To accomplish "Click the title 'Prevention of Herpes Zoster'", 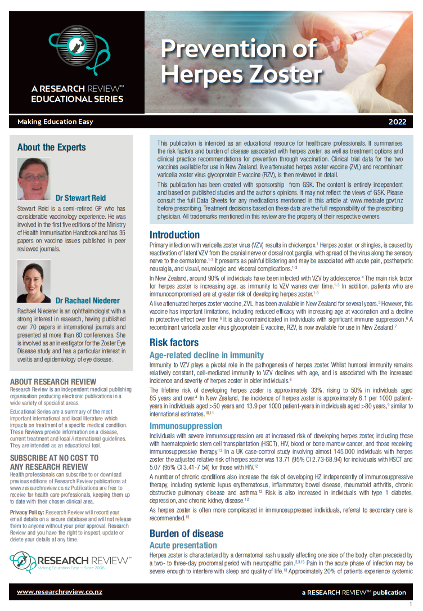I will point(241,61).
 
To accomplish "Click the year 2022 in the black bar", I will point(400,122).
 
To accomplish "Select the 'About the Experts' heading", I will point(52,147).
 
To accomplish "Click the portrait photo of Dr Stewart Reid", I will point(34,179).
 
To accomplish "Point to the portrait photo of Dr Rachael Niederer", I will point(34,281).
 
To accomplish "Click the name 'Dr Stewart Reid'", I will point(80,198).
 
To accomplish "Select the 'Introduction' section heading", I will point(174,235).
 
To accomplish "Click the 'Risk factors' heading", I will point(174,342).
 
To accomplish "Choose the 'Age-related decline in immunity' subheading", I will point(206,355).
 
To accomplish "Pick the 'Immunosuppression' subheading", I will point(186,426).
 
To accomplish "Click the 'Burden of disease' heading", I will point(186,533).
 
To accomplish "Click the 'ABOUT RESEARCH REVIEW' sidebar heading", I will point(53,381).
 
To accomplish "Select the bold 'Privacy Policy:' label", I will point(28,512).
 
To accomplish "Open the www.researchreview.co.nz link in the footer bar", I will point(60,591).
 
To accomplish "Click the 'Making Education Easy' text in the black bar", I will point(55,122).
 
